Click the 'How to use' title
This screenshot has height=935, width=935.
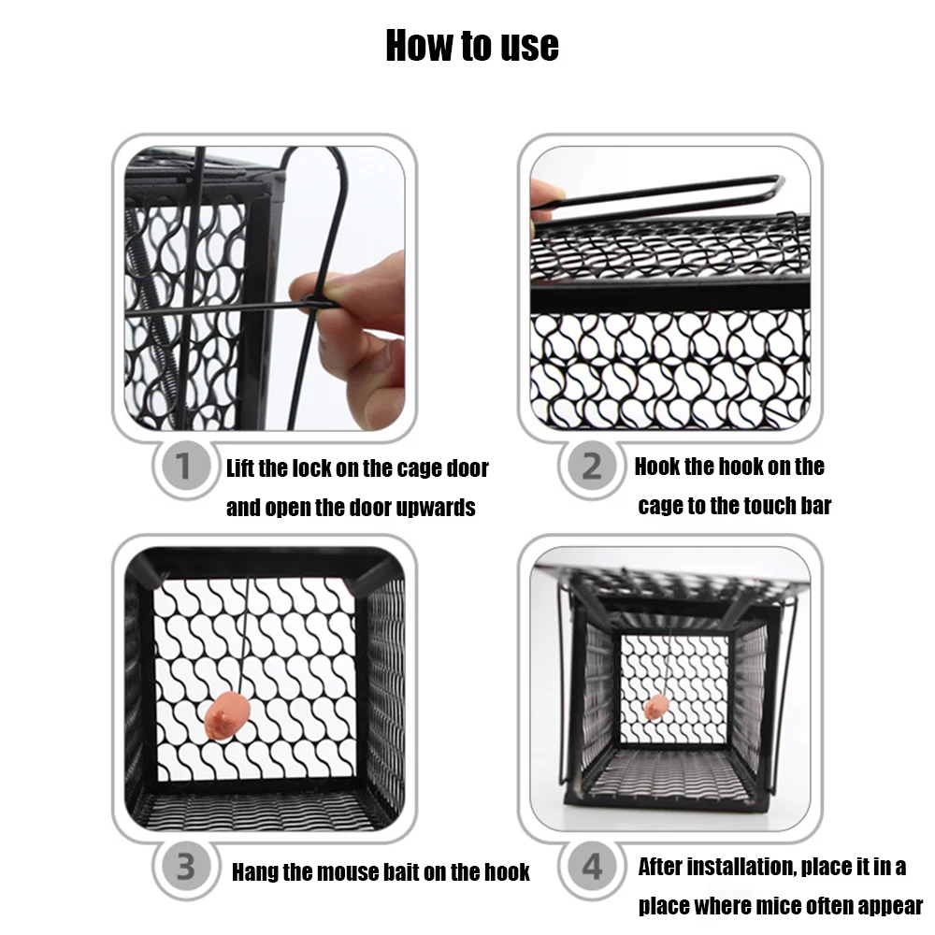[x=472, y=46]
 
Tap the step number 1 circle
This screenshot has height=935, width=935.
[x=182, y=466]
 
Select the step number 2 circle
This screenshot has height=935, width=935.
[x=592, y=466]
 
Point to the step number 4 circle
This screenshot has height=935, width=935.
[x=592, y=867]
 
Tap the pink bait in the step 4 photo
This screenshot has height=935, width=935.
[x=656, y=707]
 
